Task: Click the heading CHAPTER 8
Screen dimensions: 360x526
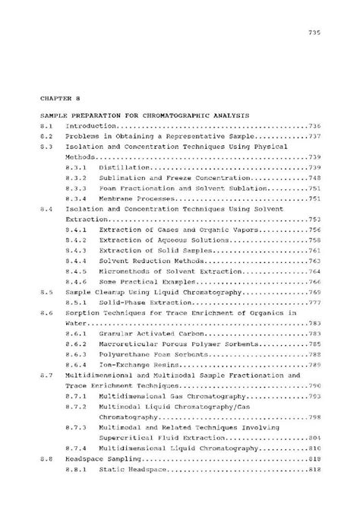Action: click(58, 98)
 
